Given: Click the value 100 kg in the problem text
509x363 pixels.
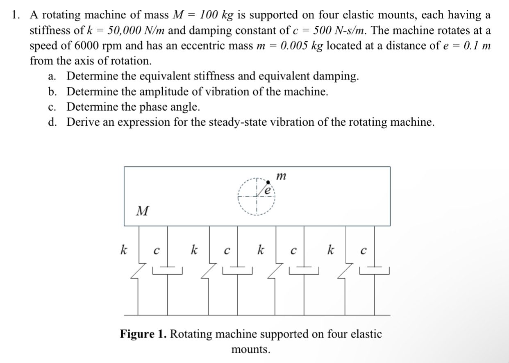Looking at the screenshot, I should click(x=216, y=15).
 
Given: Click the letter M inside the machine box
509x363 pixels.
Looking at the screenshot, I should click(x=142, y=211).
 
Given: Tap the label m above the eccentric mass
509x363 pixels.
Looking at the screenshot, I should click(x=281, y=176).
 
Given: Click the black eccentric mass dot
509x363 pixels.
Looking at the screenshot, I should click(x=268, y=181).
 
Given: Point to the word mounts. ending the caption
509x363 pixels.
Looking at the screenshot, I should click(x=251, y=349).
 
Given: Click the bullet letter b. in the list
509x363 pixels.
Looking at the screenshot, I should click(x=52, y=91).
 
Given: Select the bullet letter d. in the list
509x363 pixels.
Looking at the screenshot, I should click(x=52, y=122).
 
